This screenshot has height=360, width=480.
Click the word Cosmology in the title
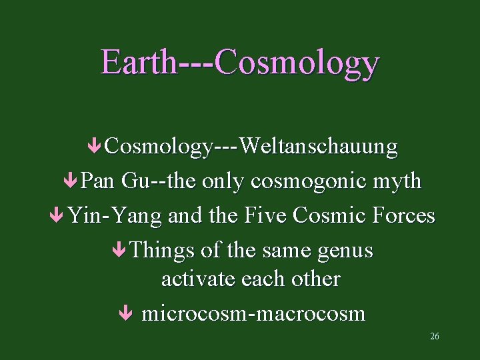tap(297, 63)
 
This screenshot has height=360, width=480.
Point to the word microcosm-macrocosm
tap(254, 313)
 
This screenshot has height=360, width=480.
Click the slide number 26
tap(435, 336)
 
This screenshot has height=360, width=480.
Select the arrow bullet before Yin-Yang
tap(58, 215)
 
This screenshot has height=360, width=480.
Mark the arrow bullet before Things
tap(119, 251)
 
